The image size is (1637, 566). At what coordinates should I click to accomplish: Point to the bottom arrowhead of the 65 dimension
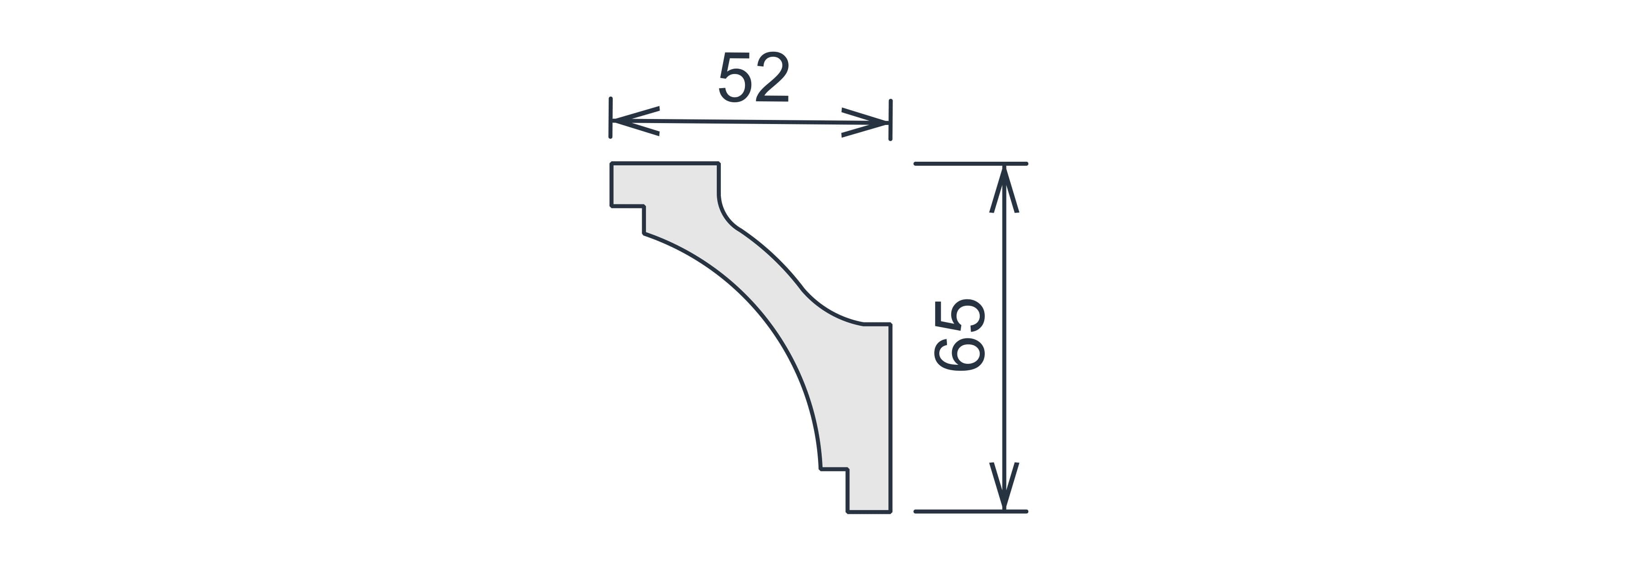point(1004,486)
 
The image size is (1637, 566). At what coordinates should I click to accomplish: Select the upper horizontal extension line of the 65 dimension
point(970,164)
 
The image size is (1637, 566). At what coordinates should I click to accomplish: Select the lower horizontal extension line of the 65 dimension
point(970,511)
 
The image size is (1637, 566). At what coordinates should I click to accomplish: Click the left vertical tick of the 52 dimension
point(611,118)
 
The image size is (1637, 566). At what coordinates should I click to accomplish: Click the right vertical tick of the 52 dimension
point(891,120)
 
